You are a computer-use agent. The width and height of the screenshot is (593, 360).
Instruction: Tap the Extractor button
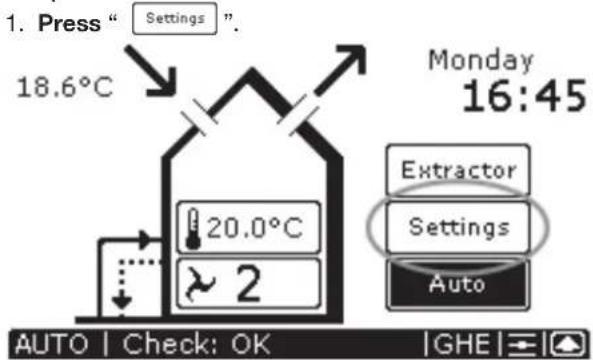click(x=459, y=169)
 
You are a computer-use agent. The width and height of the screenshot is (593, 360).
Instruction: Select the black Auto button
click(x=459, y=284)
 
